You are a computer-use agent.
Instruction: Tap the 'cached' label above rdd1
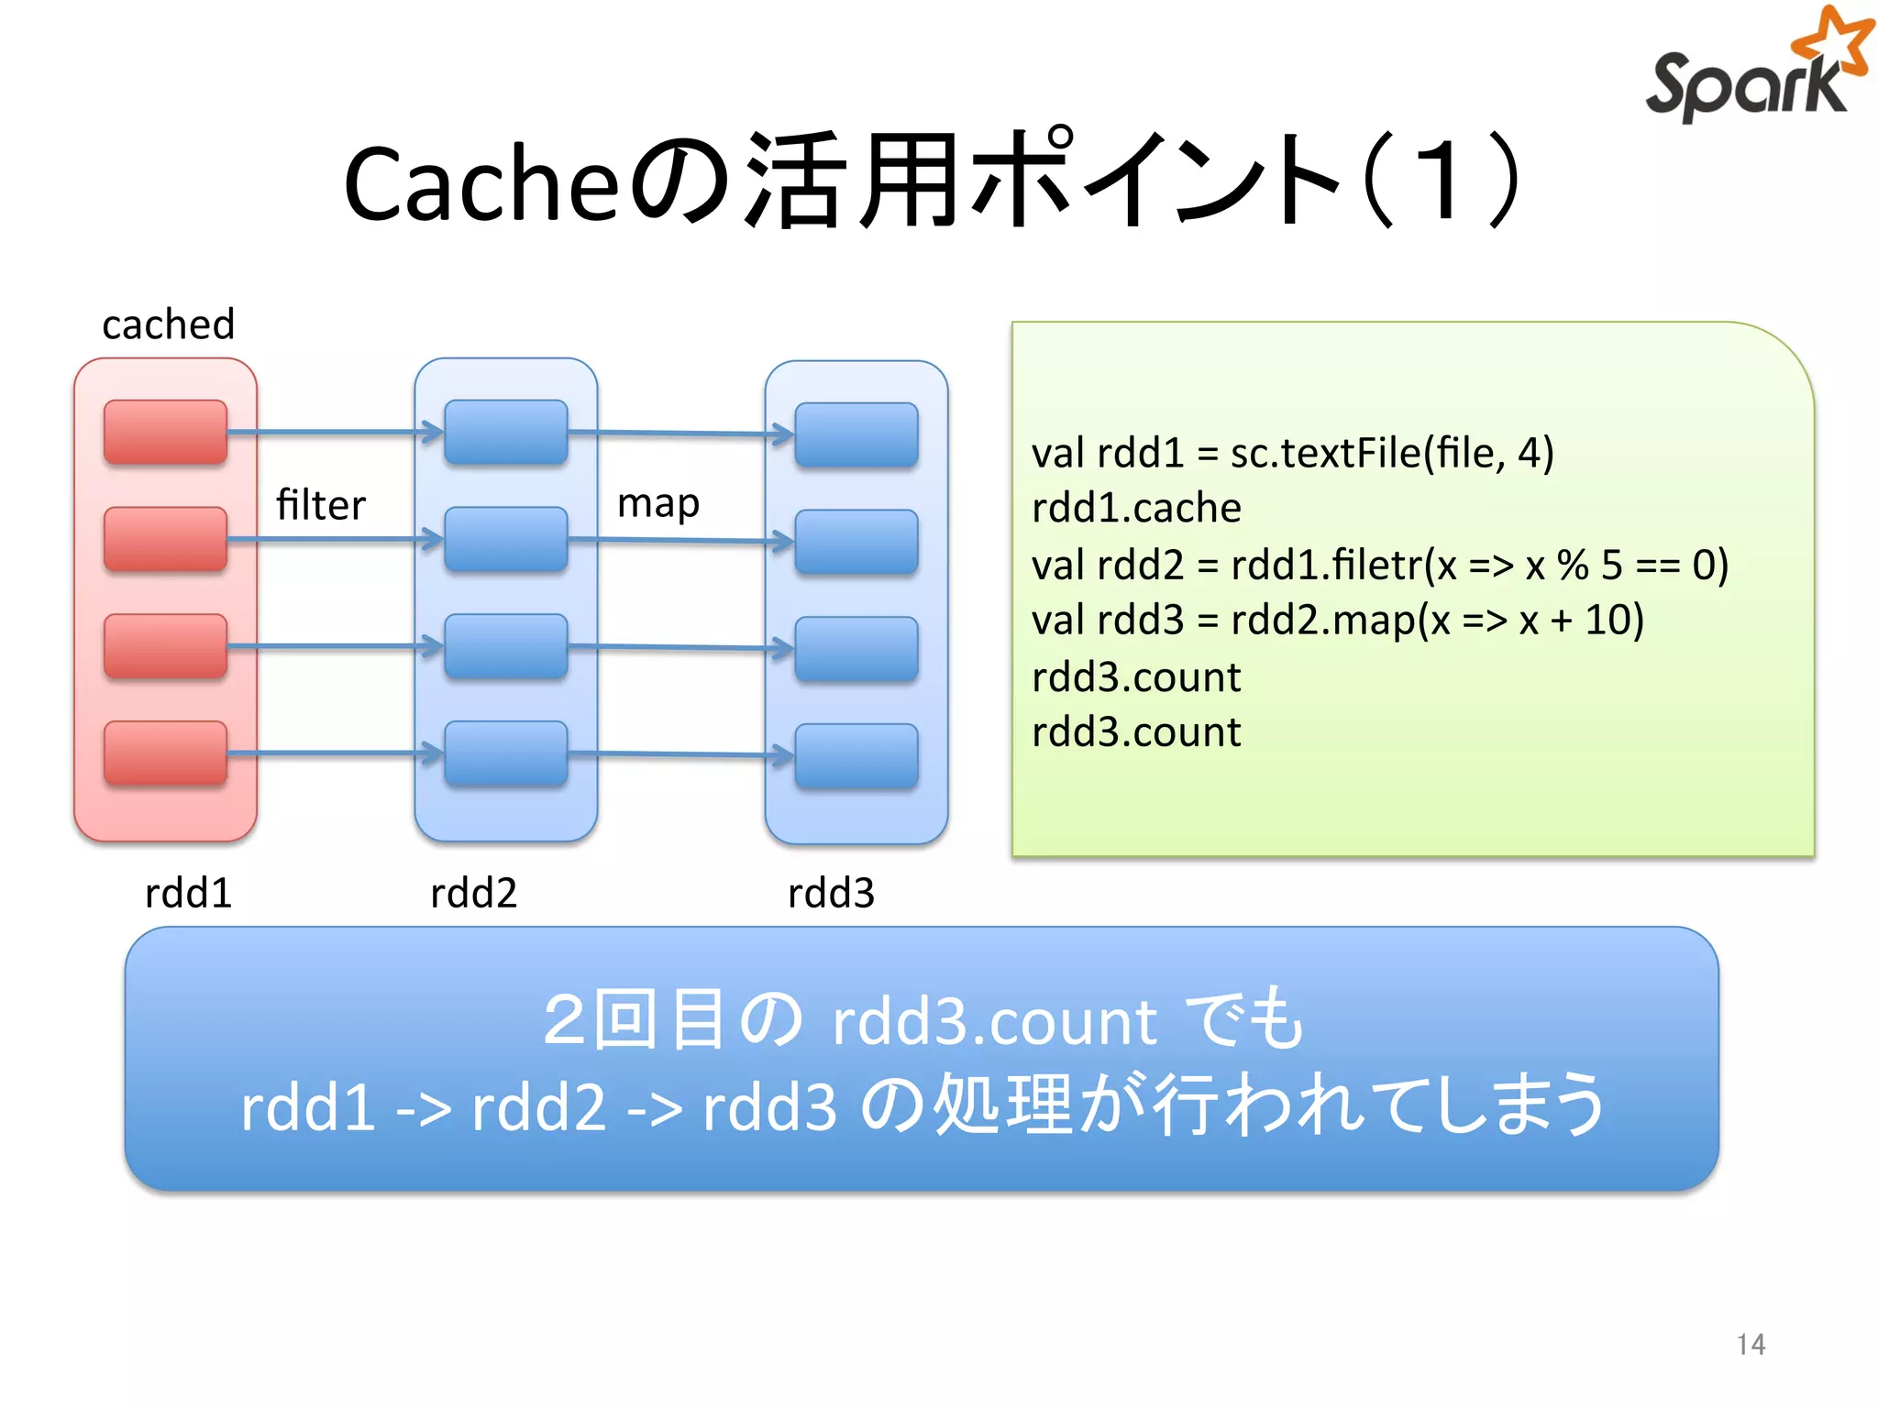168,324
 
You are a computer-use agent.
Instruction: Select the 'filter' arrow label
320,505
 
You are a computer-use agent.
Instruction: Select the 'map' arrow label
657,503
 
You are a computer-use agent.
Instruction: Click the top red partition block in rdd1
165,431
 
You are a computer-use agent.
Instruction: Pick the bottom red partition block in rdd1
165,753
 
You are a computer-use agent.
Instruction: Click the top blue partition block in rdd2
505,431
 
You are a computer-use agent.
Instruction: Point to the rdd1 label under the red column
188,892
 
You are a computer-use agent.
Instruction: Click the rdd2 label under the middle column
473,892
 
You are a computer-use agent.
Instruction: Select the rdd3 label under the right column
831,892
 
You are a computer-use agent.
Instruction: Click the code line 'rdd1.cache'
1135,508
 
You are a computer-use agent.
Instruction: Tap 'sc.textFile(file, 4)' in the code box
1391,453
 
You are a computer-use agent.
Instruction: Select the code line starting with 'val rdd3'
1337,621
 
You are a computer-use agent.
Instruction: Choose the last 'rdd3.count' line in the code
1135,732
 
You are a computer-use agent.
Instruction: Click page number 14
1750,1344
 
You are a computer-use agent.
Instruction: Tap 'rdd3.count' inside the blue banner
994,1021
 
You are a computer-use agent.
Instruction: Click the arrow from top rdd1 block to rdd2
335,431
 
